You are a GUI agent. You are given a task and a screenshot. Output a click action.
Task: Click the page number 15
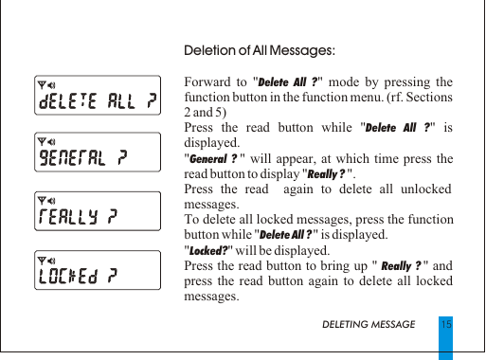coord(444,324)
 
